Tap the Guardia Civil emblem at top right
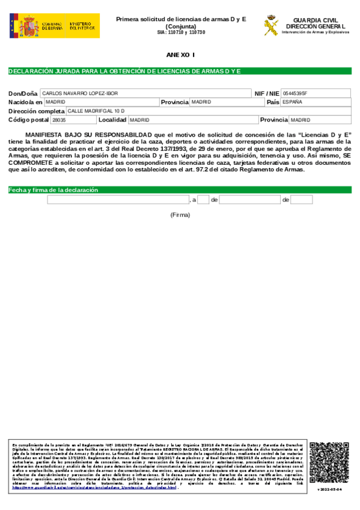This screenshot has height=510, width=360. pos(271,25)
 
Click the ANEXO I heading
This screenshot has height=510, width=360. pos(180,55)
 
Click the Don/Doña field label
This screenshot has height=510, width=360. pos(23,94)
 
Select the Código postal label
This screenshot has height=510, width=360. pos(28,120)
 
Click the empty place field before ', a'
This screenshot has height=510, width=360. pos(118,200)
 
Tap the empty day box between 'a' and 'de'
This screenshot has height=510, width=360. pos(203,200)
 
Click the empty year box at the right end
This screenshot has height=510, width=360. pos(301,200)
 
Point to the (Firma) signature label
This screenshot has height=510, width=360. pos(180,215)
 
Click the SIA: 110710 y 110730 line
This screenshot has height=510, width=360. pos(180,32)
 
